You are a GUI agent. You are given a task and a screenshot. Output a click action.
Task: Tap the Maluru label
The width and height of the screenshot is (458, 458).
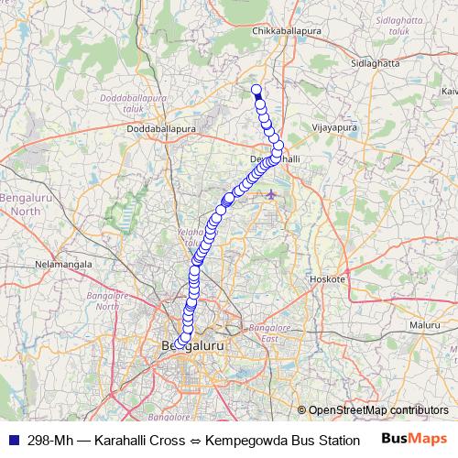(425, 324)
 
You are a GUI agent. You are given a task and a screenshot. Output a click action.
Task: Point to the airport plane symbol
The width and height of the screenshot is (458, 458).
(270, 194)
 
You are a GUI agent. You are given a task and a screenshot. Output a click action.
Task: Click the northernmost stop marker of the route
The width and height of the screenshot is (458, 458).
(256, 89)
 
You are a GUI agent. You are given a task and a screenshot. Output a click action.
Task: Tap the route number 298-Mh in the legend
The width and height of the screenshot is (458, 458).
(52, 439)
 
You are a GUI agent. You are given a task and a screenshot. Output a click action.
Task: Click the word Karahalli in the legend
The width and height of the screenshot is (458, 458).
(123, 439)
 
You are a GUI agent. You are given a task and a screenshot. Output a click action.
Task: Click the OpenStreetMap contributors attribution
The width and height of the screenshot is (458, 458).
(377, 409)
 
